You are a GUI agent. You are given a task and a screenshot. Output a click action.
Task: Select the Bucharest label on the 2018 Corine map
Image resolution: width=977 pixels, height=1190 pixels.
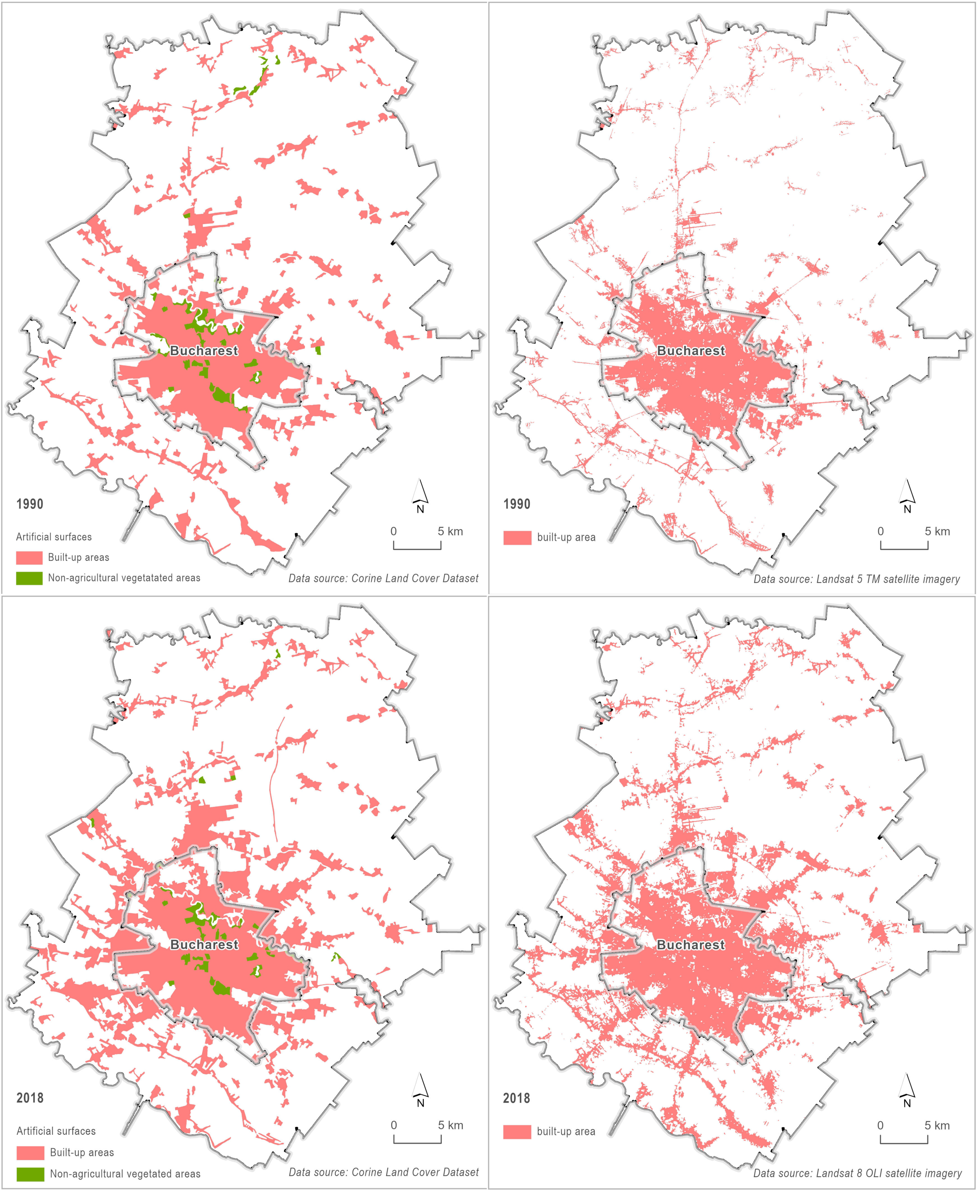coord(204,945)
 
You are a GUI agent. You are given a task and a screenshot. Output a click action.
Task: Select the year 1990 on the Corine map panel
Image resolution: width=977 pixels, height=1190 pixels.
coord(30,504)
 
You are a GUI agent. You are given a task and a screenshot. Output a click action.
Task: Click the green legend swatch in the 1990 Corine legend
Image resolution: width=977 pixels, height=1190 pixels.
coord(29,578)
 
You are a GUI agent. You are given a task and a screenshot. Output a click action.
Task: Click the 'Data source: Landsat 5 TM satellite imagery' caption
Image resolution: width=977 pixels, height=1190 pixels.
coord(857,579)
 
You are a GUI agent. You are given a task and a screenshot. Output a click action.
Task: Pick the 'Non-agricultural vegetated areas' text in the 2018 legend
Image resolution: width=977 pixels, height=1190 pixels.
coord(125,1174)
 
